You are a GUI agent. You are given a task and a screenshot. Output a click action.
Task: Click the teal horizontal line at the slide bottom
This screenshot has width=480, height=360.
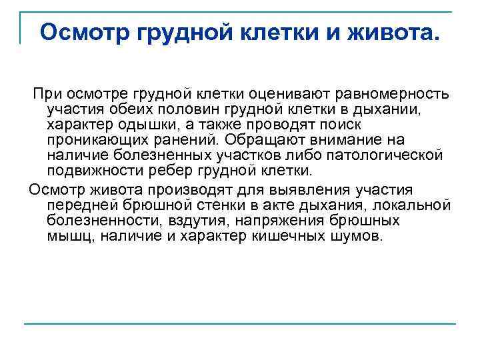pos(240,325)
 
